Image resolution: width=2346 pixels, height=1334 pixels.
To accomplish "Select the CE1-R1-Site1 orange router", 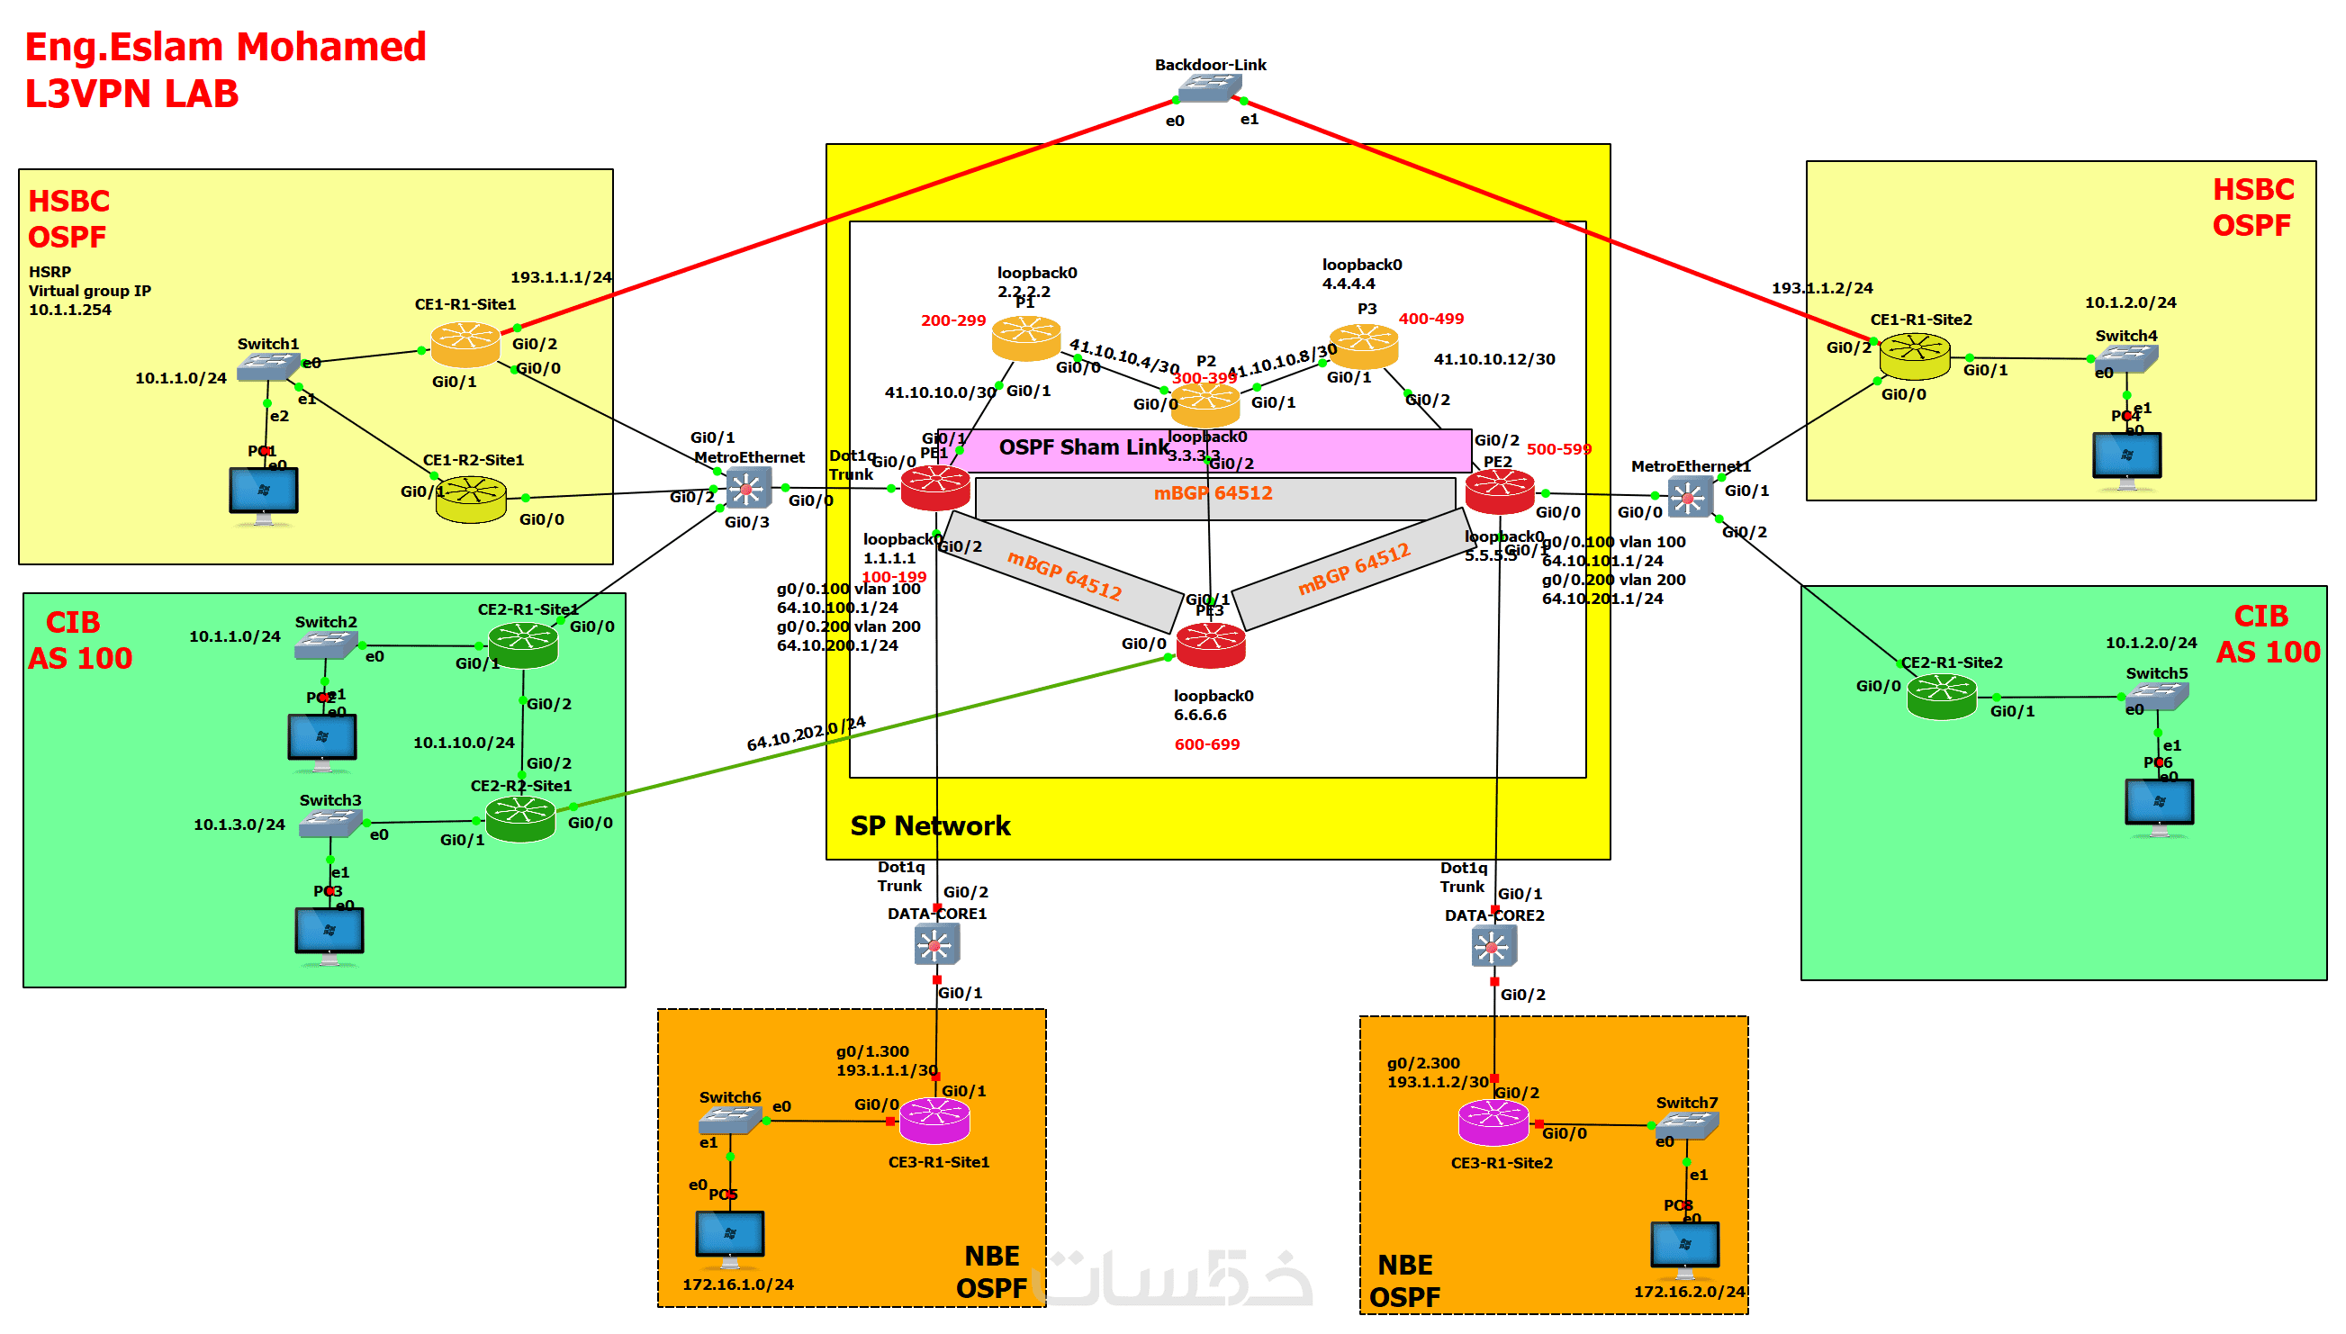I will pyautogui.click(x=465, y=346).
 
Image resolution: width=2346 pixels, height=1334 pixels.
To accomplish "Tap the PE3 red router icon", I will pyautogui.click(x=1210, y=645).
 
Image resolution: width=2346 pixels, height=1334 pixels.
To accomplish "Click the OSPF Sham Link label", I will pyautogui.click(x=1084, y=447).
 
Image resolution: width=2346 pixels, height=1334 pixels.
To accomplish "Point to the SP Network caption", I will pyautogui.click(x=930, y=826).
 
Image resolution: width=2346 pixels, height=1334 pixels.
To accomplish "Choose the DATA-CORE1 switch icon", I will pyautogui.click(x=935, y=944).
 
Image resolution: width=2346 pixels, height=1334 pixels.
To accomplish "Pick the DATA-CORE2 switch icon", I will pyautogui.click(x=1493, y=946).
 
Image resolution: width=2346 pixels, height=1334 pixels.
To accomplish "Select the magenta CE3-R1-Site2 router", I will pyautogui.click(x=1493, y=1123).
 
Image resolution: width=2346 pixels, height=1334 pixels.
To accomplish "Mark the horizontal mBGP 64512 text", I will pyautogui.click(x=1213, y=494).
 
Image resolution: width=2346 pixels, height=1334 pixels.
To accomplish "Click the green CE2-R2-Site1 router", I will pyautogui.click(x=519, y=818).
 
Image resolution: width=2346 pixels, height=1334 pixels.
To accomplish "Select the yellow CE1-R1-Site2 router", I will pyautogui.click(x=1914, y=356).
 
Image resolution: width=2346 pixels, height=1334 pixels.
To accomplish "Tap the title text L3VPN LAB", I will pyautogui.click(x=131, y=95).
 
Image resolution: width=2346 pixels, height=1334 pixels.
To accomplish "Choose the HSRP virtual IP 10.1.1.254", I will pyautogui.click(x=69, y=310).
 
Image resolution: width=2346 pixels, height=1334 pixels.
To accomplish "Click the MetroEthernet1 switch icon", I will pyautogui.click(x=1688, y=498).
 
